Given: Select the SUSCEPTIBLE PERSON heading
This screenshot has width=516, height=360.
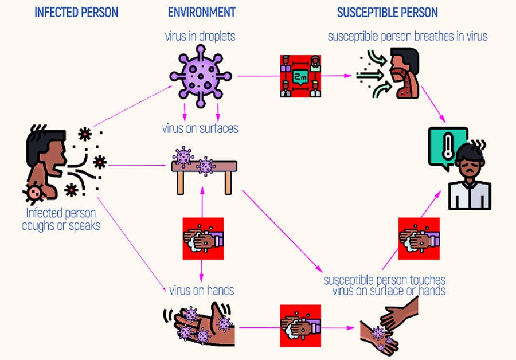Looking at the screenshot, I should (387, 13).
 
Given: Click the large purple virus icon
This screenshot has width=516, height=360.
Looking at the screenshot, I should (200, 76).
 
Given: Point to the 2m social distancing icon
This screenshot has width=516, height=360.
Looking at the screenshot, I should (300, 76).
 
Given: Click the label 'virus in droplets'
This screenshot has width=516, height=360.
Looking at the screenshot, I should (200, 37).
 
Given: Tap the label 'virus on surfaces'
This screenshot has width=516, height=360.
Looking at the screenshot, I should (200, 129).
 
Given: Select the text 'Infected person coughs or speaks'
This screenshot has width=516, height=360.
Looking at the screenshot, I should (61, 220).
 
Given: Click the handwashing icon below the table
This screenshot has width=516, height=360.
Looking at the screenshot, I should (201, 238).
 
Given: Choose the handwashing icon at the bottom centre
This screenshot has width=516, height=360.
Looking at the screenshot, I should (300, 326).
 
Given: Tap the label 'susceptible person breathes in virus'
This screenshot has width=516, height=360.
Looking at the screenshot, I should (408, 37).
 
